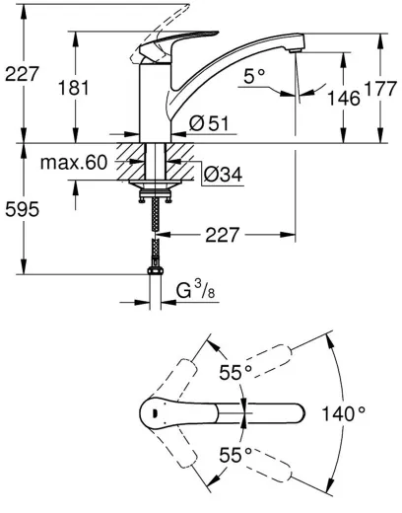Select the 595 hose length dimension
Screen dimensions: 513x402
click(24, 209)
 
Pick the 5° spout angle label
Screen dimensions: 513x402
click(255, 76)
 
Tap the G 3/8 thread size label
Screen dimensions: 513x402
click(193, 292)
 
